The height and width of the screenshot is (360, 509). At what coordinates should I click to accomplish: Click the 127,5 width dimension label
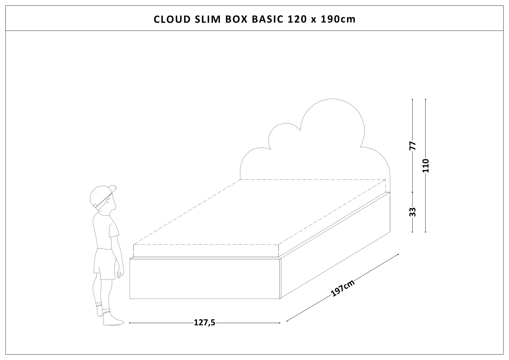click(x=204, y=323)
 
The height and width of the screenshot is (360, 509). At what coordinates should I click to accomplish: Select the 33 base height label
click(x=413, y=211)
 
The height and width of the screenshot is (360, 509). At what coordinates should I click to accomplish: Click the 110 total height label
click(x=426, y=165)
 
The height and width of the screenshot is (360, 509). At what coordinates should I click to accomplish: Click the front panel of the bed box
click(x=205, y=278)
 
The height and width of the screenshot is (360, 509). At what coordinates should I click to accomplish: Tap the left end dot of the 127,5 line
click(x=130, y=323)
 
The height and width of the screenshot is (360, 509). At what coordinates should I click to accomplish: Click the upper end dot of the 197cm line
click(x=399, y=254)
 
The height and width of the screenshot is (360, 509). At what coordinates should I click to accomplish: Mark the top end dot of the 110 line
click(x=426, y=99)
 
